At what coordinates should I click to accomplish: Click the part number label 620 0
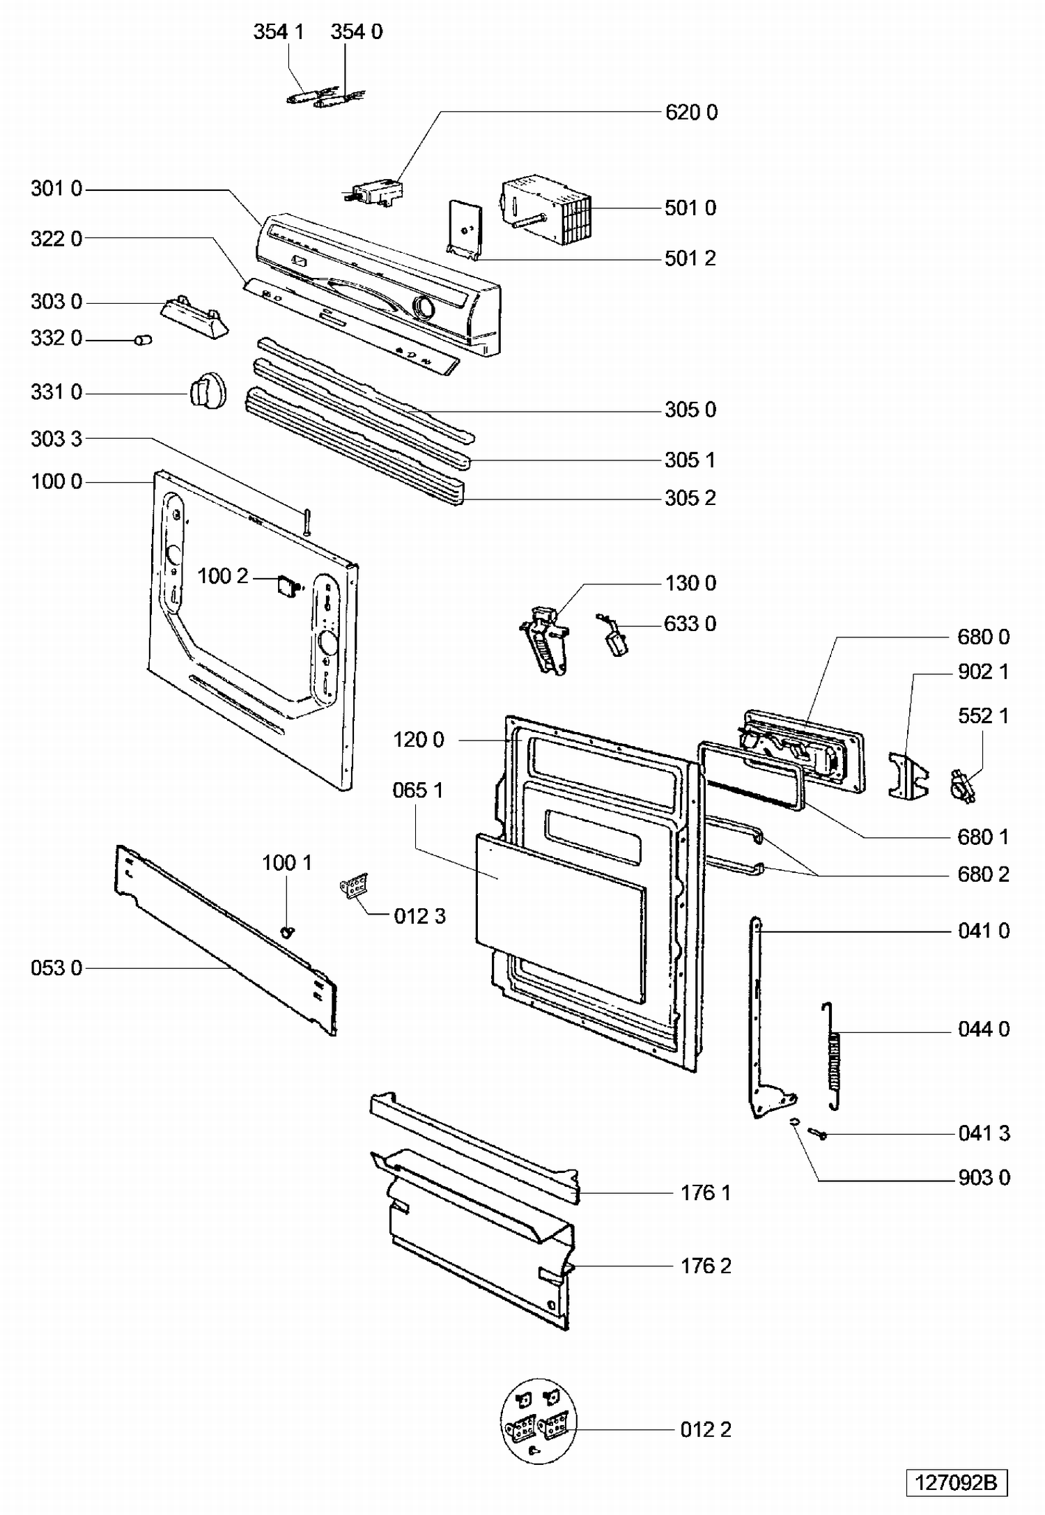pos(691,112)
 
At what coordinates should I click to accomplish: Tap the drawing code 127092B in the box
pos(957,1482)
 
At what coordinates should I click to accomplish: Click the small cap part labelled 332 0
pos(144,340)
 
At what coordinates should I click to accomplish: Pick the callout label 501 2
pos(690,258)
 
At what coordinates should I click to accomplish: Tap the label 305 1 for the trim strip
pos(690,460)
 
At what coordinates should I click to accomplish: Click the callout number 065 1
pos(418,790)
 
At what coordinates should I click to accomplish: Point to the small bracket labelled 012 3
pos(355,886)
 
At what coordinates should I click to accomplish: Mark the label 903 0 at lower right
pos(984,1177)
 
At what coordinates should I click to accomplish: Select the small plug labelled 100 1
pos(288,931)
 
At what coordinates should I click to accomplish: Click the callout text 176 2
pos(706,1266)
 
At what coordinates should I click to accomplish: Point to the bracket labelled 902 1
pos(908,774)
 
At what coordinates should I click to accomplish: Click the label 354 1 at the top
pos(279,31)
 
